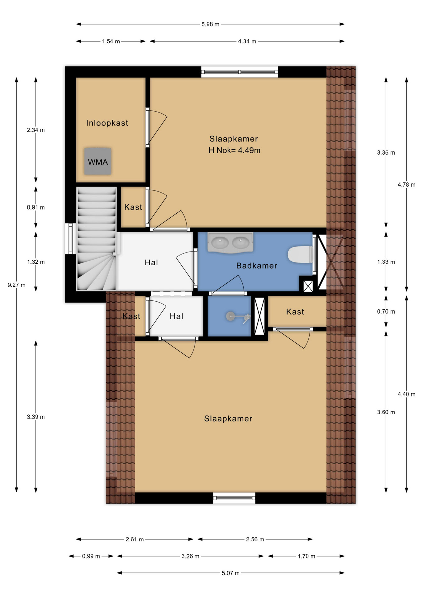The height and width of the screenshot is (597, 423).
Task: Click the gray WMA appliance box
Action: pyautogui.click(x=97, y=161)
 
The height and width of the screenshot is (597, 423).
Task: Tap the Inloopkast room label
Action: pyautogui.click(x=107, y=123)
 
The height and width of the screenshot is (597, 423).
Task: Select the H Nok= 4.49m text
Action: pyautogui.click(x=234, y=150)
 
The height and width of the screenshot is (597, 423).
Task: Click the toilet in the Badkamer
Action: pyautogui.click(x=300, y=254)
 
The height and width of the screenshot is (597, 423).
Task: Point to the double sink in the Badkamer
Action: pyautogui.click(x=230, y=242)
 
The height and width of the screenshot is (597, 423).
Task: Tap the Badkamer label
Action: pyautogui.click(x=257, y=266)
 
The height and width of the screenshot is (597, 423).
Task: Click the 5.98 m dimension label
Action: pyautogui.click(x=210, y=24)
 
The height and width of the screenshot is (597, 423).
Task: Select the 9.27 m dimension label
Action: pyautogui.click(x=17, y=285)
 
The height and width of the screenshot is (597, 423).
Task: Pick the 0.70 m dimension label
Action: pyautogui.click(x=386, y=312)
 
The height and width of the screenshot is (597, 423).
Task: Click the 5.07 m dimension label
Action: pyautogui.click(x=231, y=573)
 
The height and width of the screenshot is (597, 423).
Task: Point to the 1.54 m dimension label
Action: pyautogui.click(x=111, y=41)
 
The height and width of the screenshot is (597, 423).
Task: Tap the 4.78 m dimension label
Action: pyautogui.click(x=406, y=185)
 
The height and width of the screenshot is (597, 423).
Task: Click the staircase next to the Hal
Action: pyautogui.click(x=97, y=239)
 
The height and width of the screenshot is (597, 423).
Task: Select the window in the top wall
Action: pyautogui.click(x=240, y=72)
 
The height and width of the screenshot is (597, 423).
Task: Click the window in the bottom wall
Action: pyautogui.click(x=234, y=498)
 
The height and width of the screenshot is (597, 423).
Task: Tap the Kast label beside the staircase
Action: pyautogui.click(x=133, y=207)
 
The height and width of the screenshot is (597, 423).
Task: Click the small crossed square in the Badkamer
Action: pyautogui.click(x=308, y=286)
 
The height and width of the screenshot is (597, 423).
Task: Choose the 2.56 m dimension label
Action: pyautogui.click(x=255, y=539)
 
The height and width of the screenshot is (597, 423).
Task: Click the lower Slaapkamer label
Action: pyautogui.click(x=228, y=419)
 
